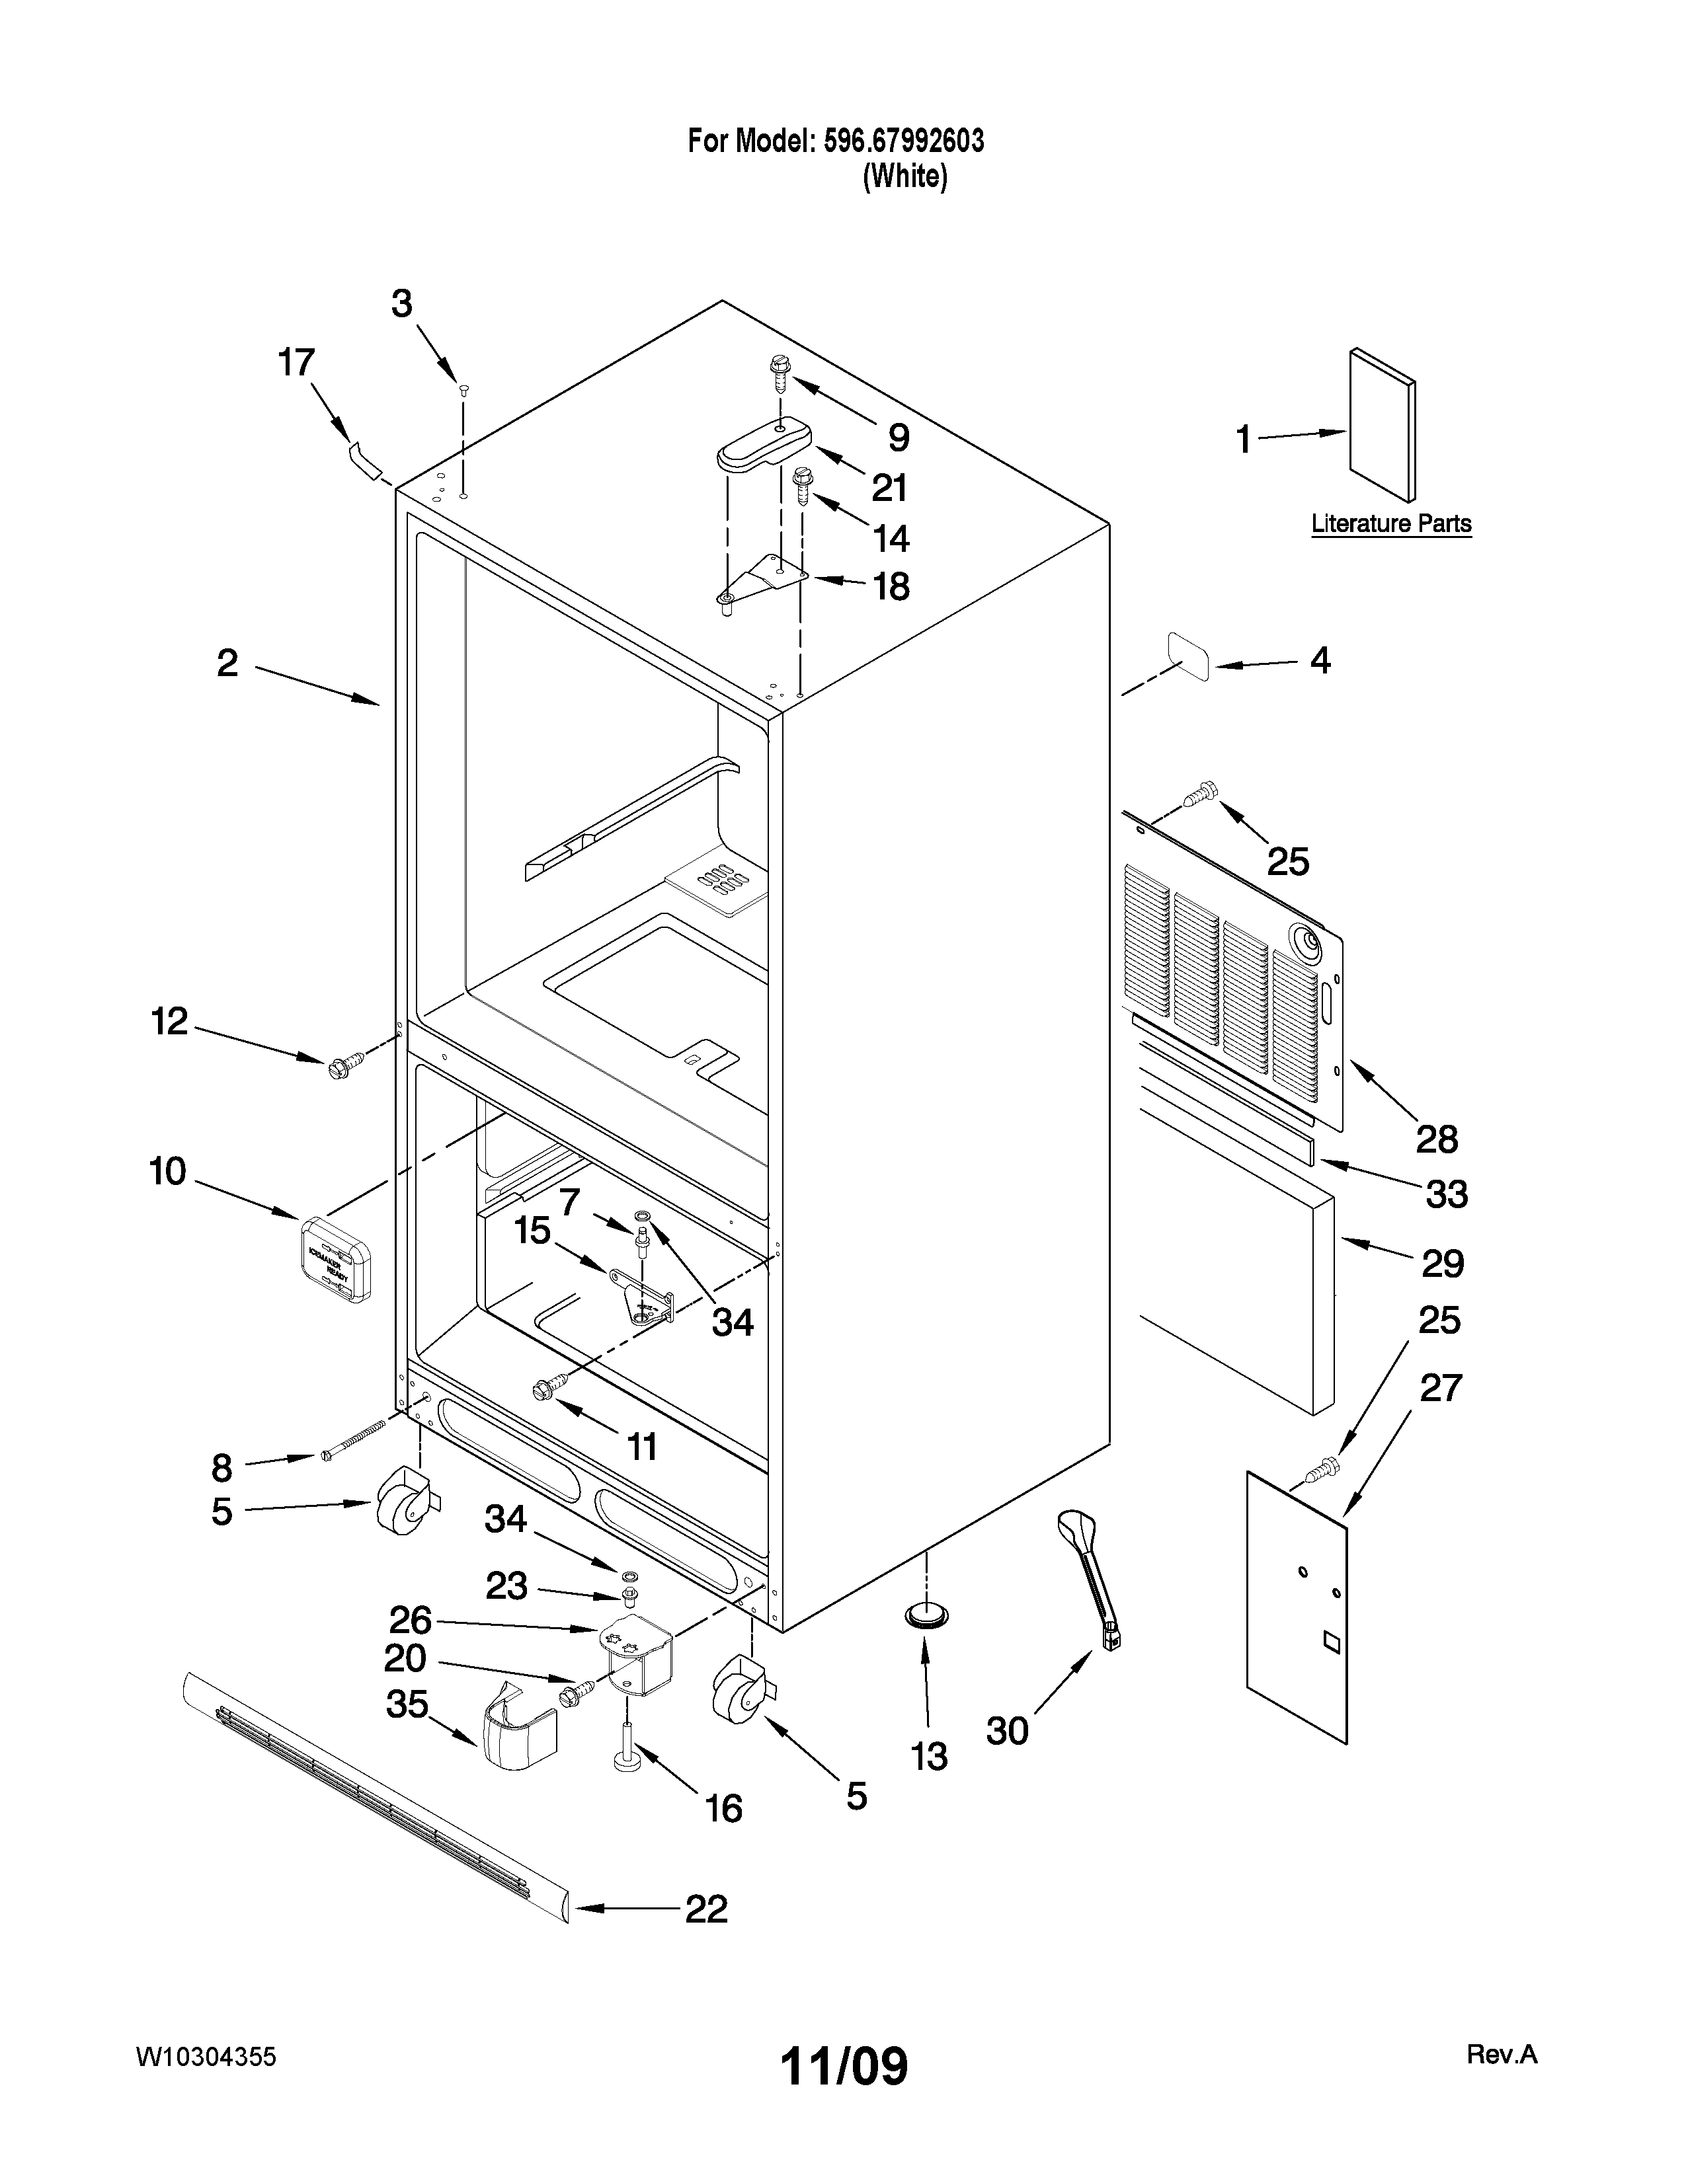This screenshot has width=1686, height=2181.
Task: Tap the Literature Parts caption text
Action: point(1390,523)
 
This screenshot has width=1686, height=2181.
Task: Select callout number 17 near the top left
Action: point(296,363)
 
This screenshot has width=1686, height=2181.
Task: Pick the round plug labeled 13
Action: point(928,1614)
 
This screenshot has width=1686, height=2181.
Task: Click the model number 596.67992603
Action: point(903,142)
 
